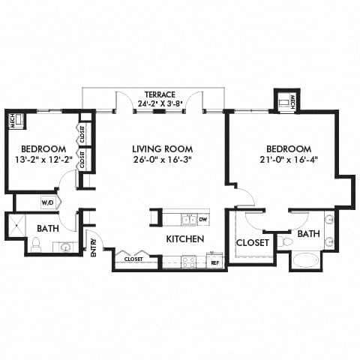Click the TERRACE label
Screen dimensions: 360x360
point(160,95)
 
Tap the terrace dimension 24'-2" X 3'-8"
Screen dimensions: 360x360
point(160,105)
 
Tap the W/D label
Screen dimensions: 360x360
point(47,202)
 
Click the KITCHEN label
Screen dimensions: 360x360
point(185,239)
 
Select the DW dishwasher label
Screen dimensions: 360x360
point(203,220)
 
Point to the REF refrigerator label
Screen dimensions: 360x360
point(214,262)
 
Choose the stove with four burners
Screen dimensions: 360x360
point(188,262)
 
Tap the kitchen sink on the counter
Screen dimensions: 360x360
point(187,219)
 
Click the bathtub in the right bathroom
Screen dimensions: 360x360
point(304,260)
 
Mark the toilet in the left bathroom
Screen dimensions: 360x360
point(35,244)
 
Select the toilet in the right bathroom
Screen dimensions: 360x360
point(283,242)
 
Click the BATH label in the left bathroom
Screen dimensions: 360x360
point(48,229)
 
